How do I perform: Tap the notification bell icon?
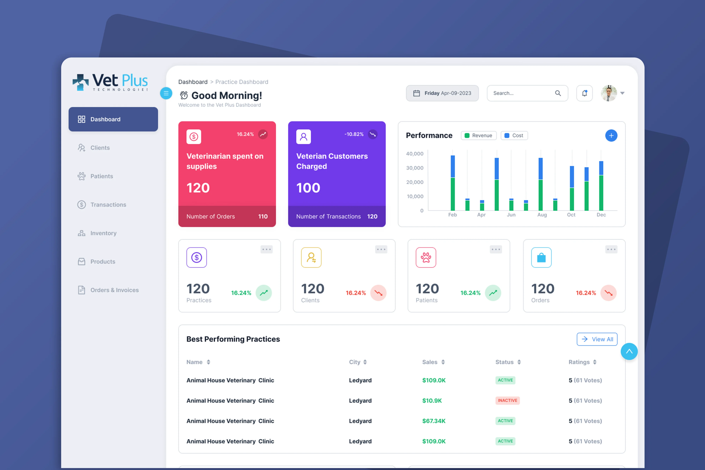(x=584, y=93)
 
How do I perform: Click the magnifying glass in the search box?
(x=558, y=93)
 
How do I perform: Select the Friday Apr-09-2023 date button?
(x=442, y=93)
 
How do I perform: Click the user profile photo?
(x=609, y=93)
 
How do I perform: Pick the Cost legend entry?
(x=514, y=136)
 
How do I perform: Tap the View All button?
(x=597, y=339)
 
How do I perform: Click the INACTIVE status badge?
(x=507, y=400)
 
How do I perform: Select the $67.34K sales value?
(x=434, y=421)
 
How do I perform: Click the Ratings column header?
(x=582, y=362)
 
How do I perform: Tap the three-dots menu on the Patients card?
(x=496, y=249)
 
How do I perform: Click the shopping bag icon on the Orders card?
(x=541, y=257)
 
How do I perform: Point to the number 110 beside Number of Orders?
(x=263, y=216)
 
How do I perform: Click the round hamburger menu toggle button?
(x=166, y=93)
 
